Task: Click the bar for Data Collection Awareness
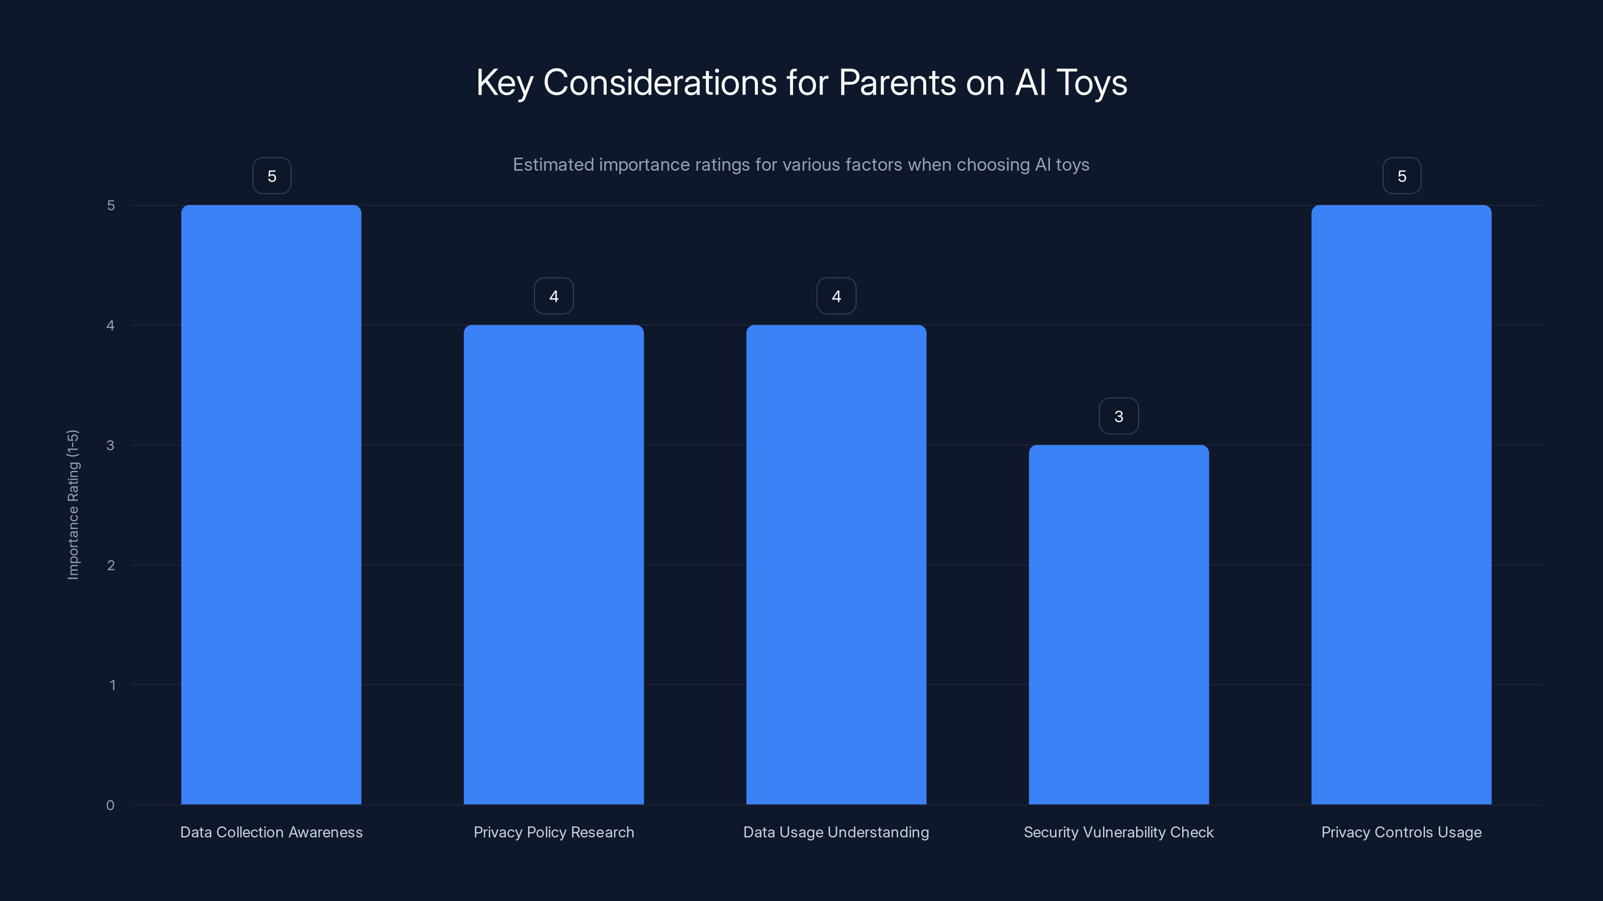(x=272, y=504)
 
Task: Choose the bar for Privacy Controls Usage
(x=1402, y=504)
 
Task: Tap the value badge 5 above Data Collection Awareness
(x=272, y=176)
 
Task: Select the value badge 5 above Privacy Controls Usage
(x=1402, y=176)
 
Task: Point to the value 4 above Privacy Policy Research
(x=554, y=296)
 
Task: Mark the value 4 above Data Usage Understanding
(x=837, y=296)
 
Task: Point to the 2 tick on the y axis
(x=111, y=565)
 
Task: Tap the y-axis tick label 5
(x=111, y=205)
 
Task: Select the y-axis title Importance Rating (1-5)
(x=73, y=504)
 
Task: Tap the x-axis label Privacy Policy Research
(x=554, y=832)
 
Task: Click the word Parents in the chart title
(x=897, y=83)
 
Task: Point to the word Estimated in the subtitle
(x=553, y=165)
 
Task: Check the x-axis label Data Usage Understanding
(x=837, y=832)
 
